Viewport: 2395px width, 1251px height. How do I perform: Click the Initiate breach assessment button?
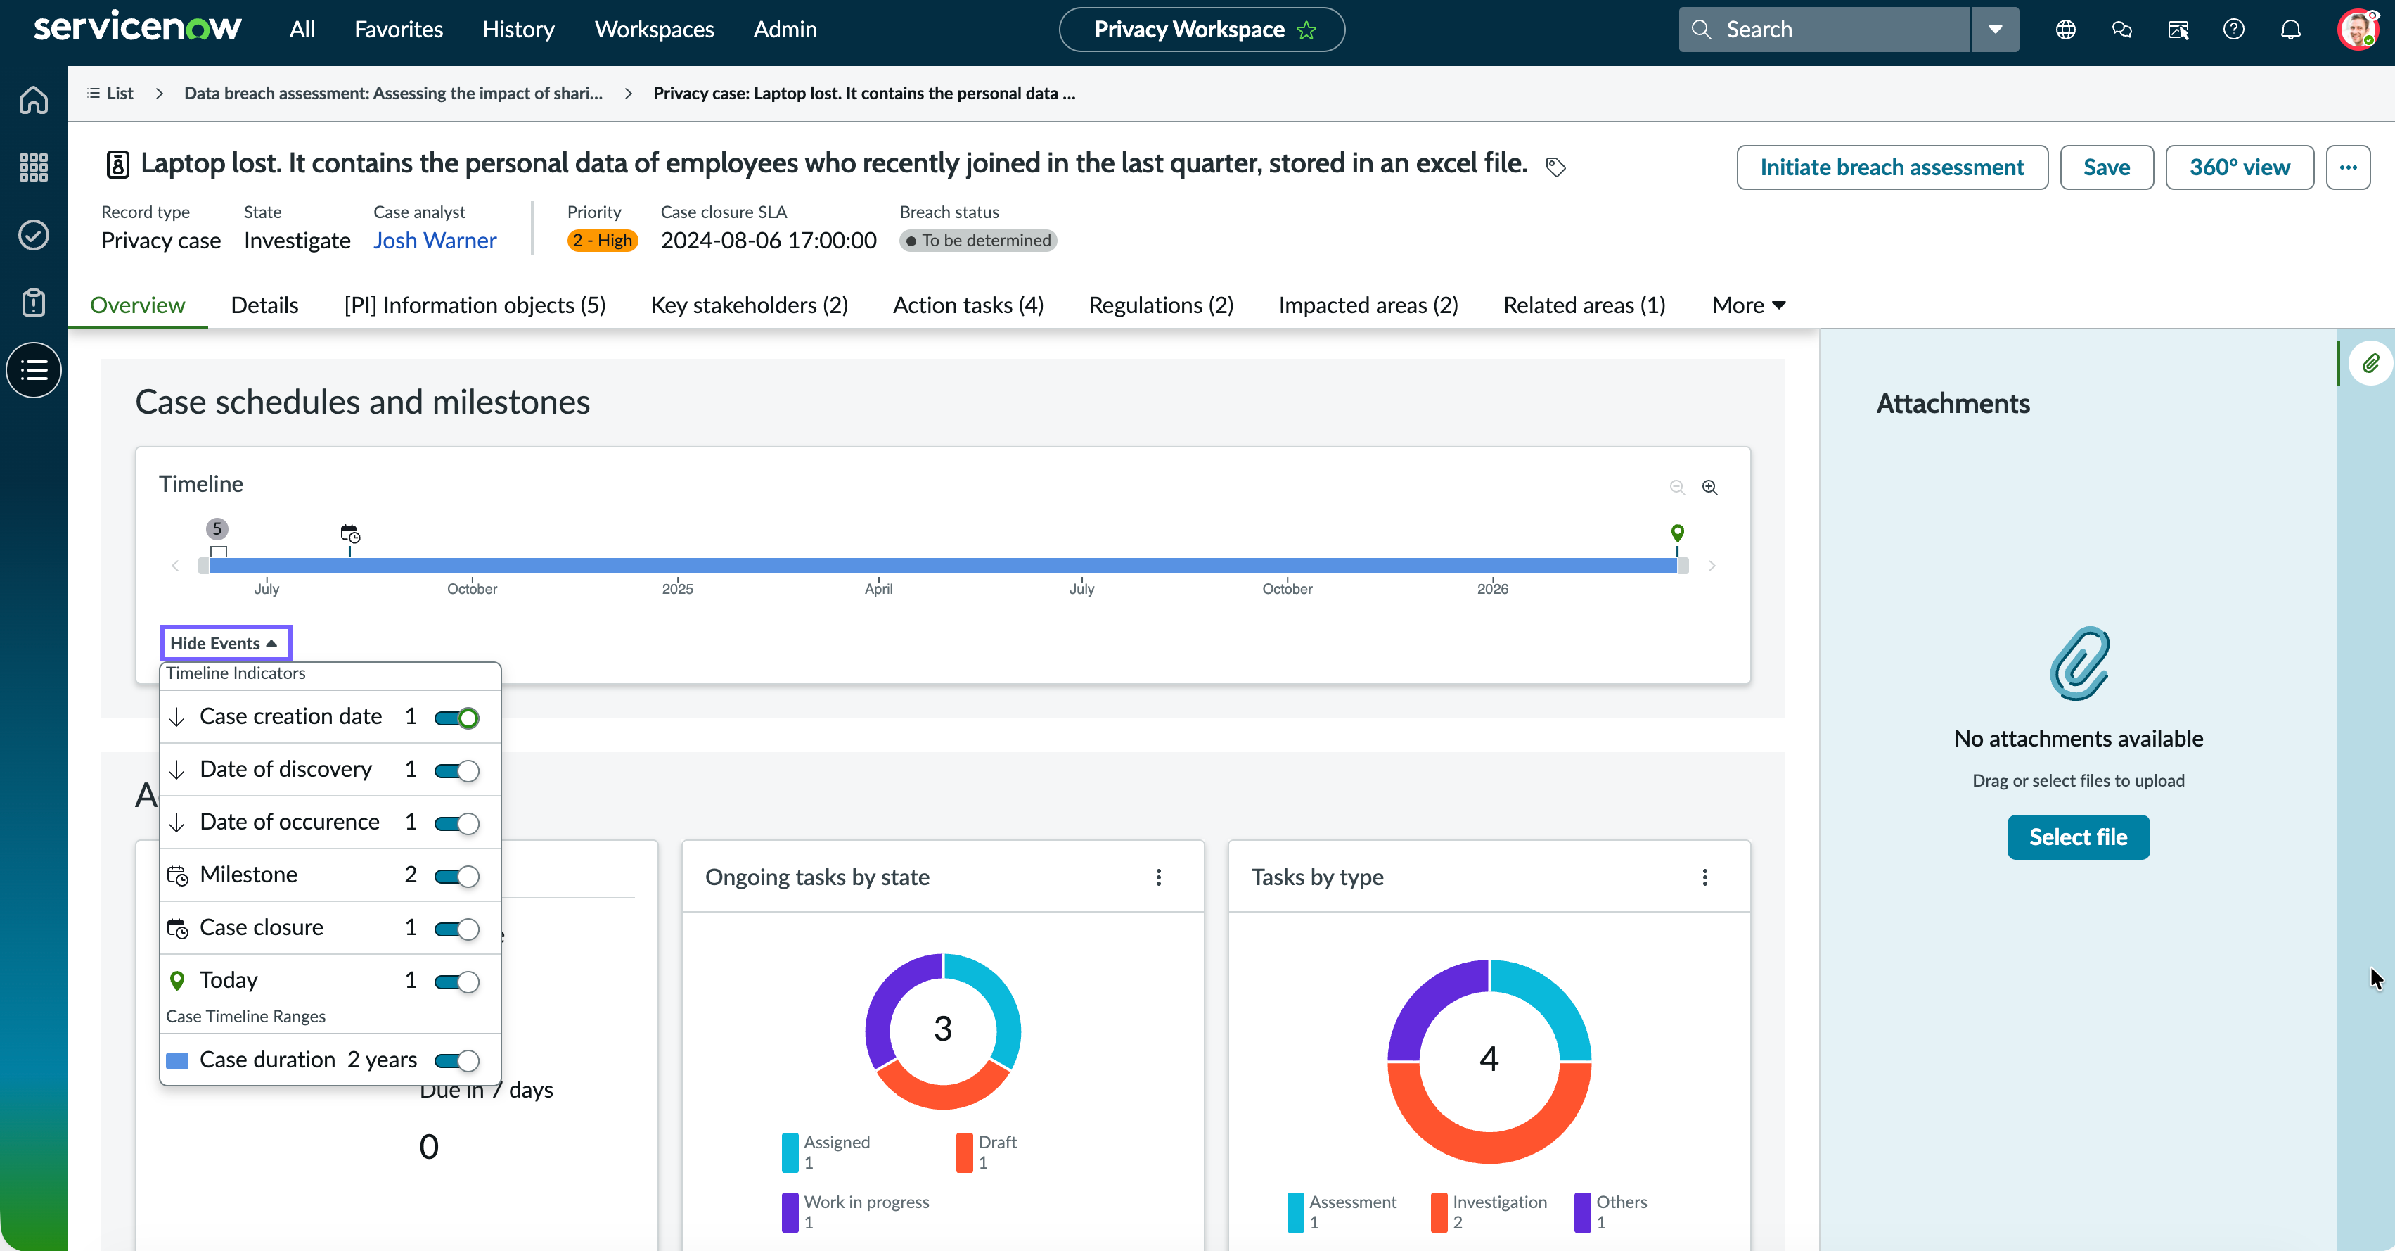pyautogui.click(x=1892, y=167)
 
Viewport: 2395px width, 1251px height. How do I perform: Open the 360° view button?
pyautogui.click(x=2239, y=167)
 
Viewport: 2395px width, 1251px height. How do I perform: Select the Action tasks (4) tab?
pyautogui.click(x=968, y=305)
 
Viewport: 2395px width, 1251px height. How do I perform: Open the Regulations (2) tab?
pyautogui.click(x=1161, y=305)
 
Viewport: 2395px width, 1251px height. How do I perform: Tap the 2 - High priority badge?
pyautogui.click(x=603, y=241)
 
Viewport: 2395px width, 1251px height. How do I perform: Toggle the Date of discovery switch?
pyautogui.click(x=456, y=770)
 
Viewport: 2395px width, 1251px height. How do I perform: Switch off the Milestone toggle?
pyautogui.click(x=456, y=876)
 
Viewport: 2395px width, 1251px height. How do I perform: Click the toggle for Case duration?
pyautogui.click(x=456, y=1060)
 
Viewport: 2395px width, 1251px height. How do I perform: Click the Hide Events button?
pyautogui.click(x=225, y=642)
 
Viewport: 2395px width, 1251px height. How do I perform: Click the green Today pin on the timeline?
pyautogui.click(x=1677, y=533)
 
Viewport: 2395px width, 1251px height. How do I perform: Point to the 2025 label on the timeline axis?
pyautogui.click(x=678, y=589)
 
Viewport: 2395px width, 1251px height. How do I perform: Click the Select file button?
pyautogui.click(x=2078, y=837)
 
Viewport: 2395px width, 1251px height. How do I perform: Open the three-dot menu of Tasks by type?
pyautogui.click(x=1705, y=877)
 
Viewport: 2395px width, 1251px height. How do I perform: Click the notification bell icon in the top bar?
pyautogui.click(x=2291, y=30)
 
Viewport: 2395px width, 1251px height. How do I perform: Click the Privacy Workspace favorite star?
pyautogui.click(x=1307, y=30)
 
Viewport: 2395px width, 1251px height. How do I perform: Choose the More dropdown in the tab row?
pyautogui.click(x=1749, y=305)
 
